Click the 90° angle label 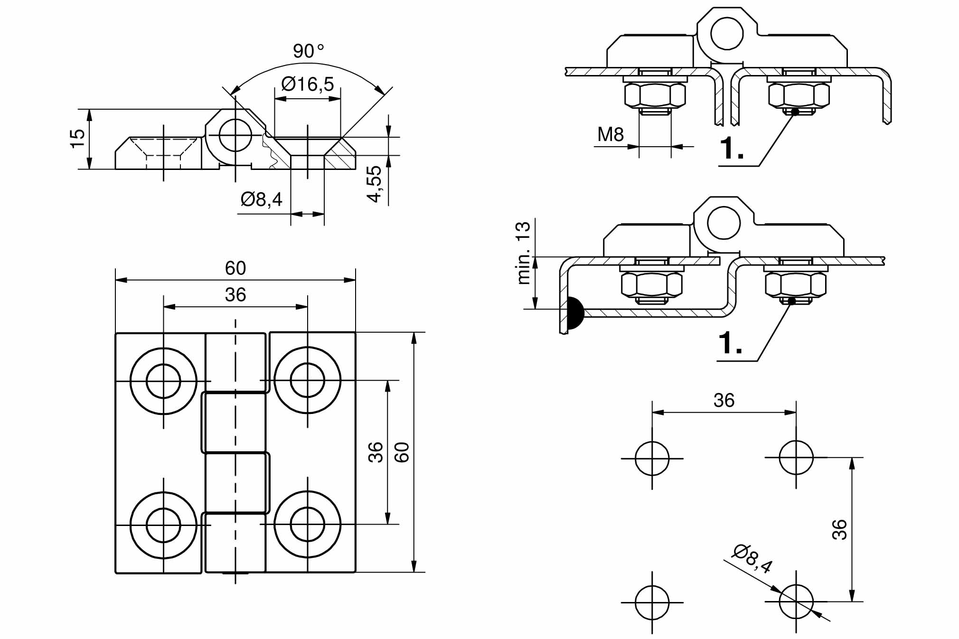tap(308, 51)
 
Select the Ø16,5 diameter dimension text tap(308, 85)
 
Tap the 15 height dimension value tap(77, 139)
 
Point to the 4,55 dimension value tap(375, 184)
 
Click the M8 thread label tap(610, 135)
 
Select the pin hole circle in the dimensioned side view tap(235, 135)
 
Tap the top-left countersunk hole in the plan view tap(163, 381)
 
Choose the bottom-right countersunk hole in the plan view tap(307, 524)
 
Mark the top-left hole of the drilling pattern tap(652, 458)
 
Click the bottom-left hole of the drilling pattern tap(652, 602)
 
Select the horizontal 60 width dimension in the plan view tap(235, 269)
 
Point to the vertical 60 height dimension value tap(402, 452)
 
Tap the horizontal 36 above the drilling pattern tap(724, 401)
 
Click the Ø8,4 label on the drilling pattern tap(752, 559)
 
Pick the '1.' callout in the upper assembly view tap(732, 148)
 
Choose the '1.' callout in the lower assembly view tap(730, 343)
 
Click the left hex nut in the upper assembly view tap(655, 95)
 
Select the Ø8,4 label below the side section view tap(262, 199)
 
